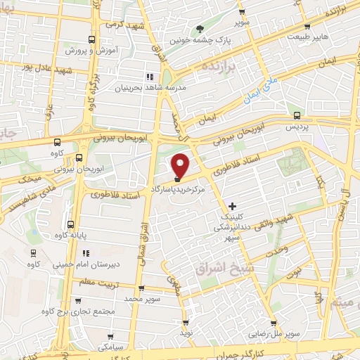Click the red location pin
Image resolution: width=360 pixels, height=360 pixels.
click(181, 165)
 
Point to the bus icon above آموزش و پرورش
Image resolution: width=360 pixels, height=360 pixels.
click(90, 40)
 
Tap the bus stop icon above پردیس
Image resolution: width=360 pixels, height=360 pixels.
click(297, 116)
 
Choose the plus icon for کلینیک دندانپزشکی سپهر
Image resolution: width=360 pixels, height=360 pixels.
click(233, 207)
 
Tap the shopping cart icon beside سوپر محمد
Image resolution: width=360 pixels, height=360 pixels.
click(142, 288)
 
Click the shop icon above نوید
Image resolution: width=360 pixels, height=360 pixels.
click(186, 321)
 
